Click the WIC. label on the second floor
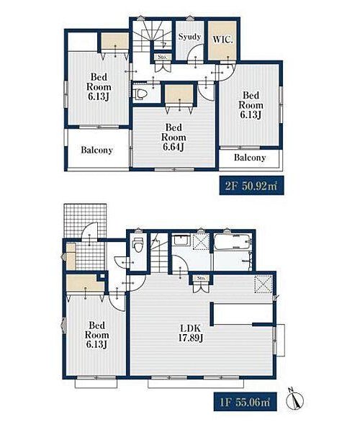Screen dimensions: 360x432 [222, 40]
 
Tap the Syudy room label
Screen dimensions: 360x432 [189, 37]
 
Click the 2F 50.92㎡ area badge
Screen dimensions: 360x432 [251, 186]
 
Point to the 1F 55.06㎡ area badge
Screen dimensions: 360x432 [246, 402]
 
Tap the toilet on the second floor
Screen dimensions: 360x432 [140, 94]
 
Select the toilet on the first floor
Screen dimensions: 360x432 [138, 244]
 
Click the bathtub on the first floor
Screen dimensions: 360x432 [233, 242]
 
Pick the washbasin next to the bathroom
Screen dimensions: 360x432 [180, 241]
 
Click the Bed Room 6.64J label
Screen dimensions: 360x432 [174, 137]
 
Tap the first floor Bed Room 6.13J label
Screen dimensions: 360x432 [97, 335]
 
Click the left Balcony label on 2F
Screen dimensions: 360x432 [97, 150]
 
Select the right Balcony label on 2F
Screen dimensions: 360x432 [250, 158]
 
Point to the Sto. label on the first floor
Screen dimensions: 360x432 [202, 278]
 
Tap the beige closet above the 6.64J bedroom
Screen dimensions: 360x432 [179, 94]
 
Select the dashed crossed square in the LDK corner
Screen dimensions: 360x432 [263, 284]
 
